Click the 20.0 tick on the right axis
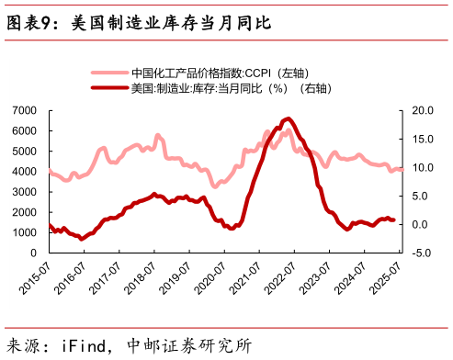coord(417,110)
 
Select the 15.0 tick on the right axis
coord(417,139)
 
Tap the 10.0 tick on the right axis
coord(417,167)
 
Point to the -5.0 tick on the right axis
coord(417,252)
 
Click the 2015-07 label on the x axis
coord(34,275)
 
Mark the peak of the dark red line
coord(289,118)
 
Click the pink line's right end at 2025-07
coord(402,169)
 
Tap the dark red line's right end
coord(395,219)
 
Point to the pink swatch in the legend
coord(108,73)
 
